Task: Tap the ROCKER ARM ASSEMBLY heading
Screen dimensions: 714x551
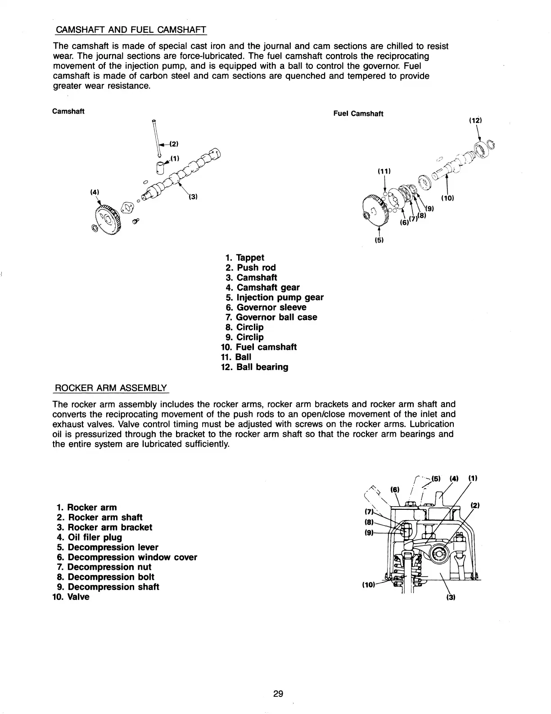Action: [x=110, y=388]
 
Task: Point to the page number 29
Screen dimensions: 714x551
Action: [x=278, y=694]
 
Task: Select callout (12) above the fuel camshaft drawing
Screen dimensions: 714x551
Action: [x=475, y=121]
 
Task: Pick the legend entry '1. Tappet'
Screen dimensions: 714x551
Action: [x=245, y=257]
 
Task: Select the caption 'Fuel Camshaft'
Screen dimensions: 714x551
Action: [x=358, y=114]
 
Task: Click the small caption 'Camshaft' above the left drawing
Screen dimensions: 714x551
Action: [x=69, y=111]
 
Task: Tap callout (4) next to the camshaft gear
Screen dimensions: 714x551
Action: [x=95, y=192]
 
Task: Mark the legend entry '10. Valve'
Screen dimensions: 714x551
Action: [x=71, y=597]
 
